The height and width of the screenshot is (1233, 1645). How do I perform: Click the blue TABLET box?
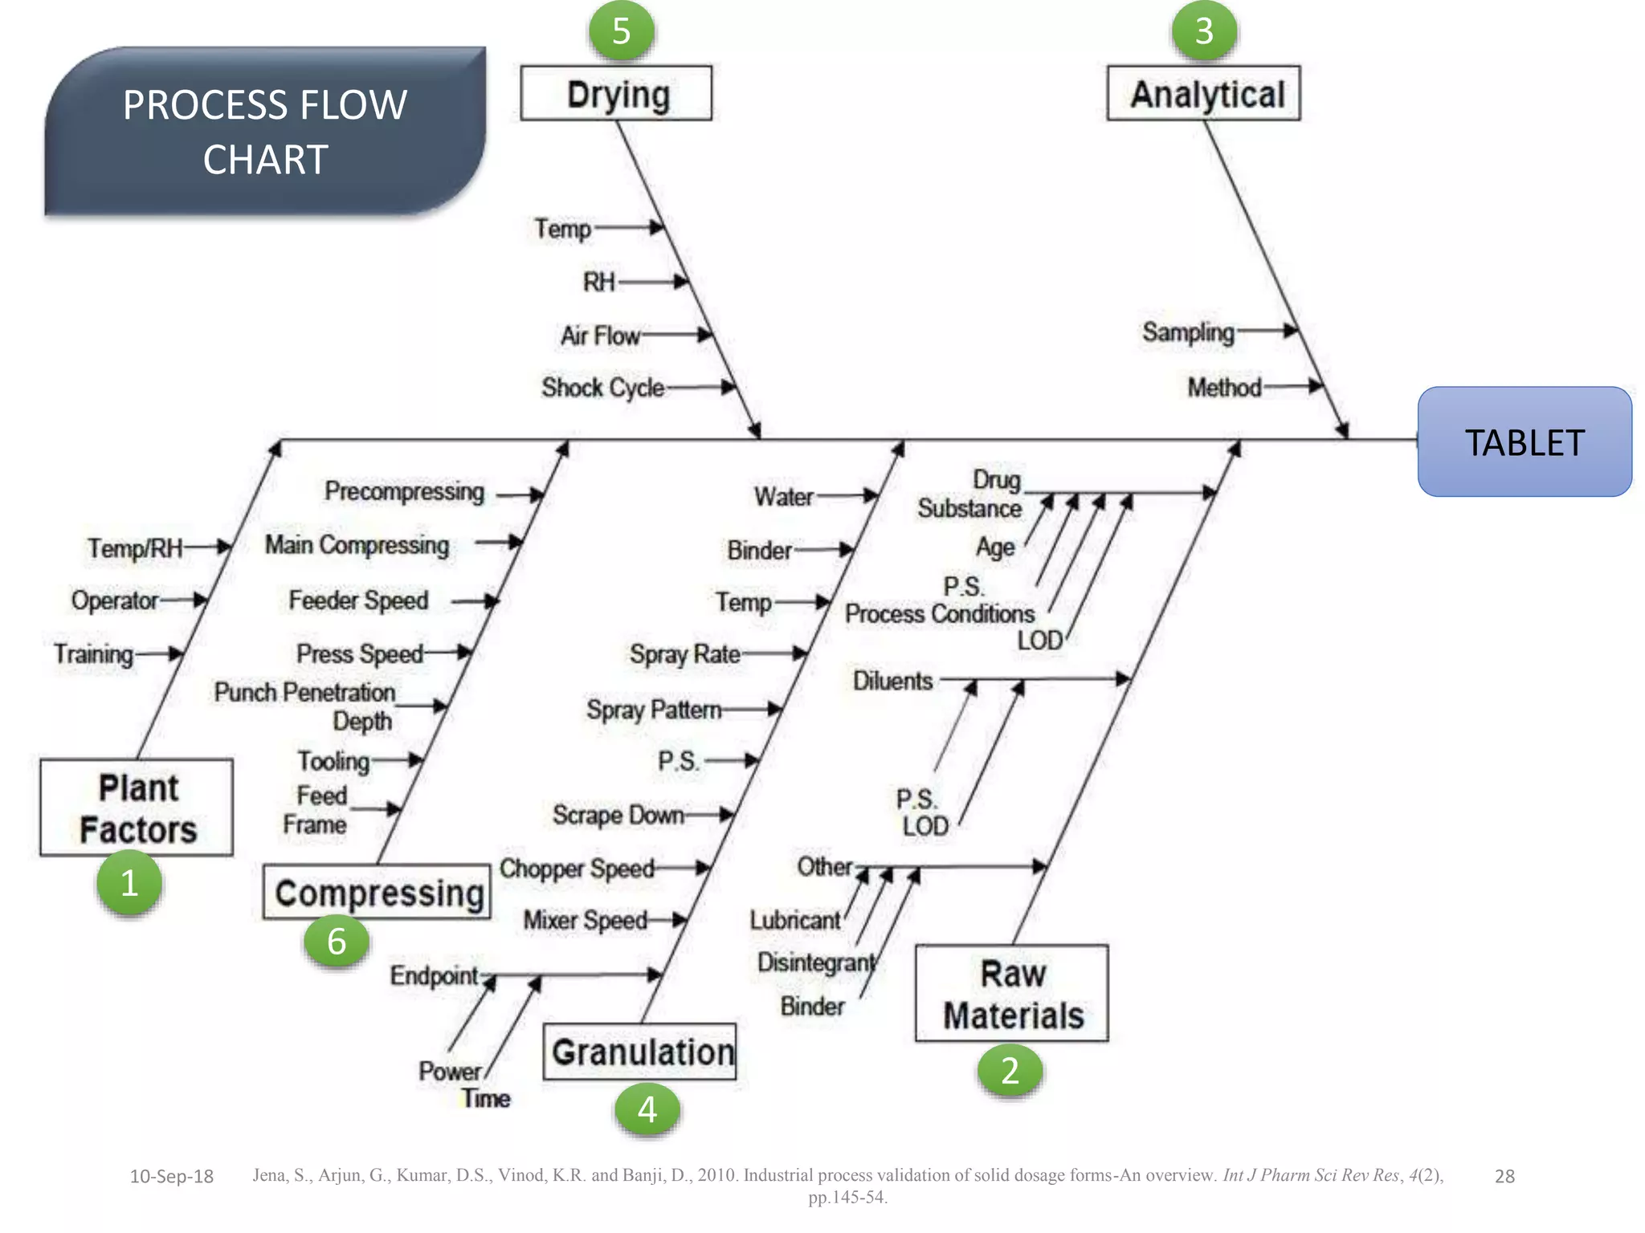click(1524, 442)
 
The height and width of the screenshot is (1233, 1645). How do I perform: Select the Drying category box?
click(616, 94)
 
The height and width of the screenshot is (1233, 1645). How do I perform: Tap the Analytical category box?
click(1203, 94)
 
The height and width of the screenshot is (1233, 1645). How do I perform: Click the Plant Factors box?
click(137, 808)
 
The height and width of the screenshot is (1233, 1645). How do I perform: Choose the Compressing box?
click(378, 892)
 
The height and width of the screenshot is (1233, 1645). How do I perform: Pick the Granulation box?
click(640, 1052)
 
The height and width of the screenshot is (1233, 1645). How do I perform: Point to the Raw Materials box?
click(1011, 994)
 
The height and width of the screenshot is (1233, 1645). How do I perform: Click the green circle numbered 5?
click(621, 31)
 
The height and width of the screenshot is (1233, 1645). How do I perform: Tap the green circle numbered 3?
click(1203, 31)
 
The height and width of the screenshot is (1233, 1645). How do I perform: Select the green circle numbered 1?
click(129, 883)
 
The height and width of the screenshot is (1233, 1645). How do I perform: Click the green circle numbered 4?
click(647, 1109)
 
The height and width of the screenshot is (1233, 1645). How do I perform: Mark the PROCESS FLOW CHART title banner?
click(265, 132)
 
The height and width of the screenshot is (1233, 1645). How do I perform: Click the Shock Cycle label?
click(602, 388)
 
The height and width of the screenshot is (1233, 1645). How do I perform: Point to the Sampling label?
click(1188, 332)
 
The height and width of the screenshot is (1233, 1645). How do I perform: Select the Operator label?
click(115, 600)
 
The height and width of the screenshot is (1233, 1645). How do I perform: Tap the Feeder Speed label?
click(358, 600)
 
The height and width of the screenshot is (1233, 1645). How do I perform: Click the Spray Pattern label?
click(653, 710)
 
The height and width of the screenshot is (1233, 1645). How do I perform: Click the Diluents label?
click(892, 681)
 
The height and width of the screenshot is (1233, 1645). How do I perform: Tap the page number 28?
click(1504, 1177)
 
